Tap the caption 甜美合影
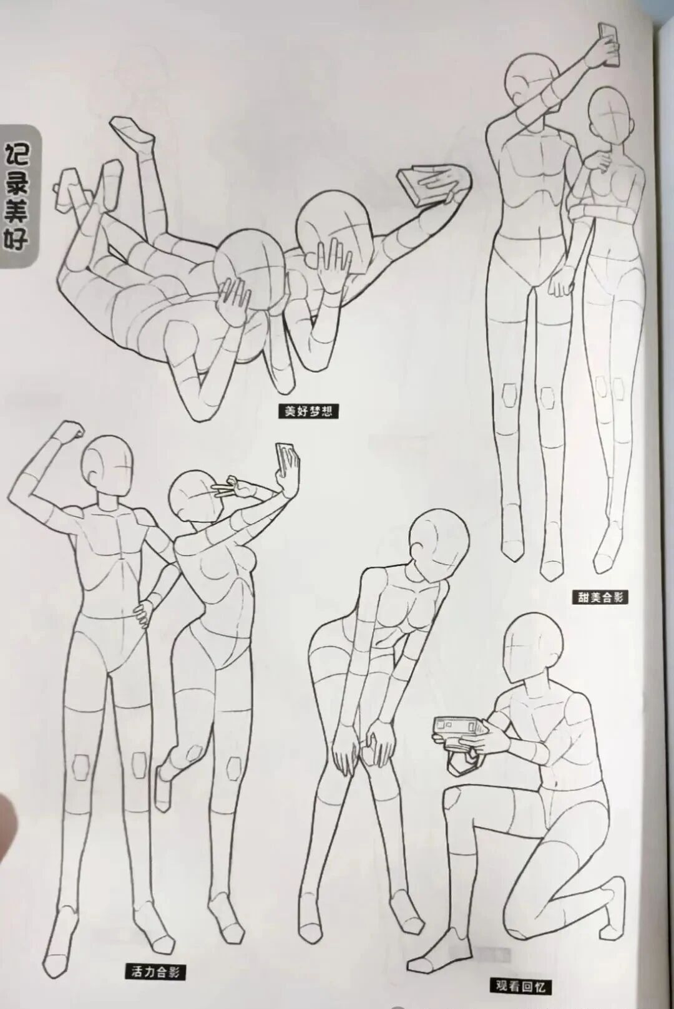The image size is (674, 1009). pyautogui.click(x=600, y=597)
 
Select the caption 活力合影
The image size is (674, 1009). pyautogui.click(x=155, y=972)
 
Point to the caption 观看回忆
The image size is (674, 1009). pyautogui.click(x=520, y=986)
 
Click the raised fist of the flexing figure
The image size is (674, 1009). pyautogui.click(x=70, y=431)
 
